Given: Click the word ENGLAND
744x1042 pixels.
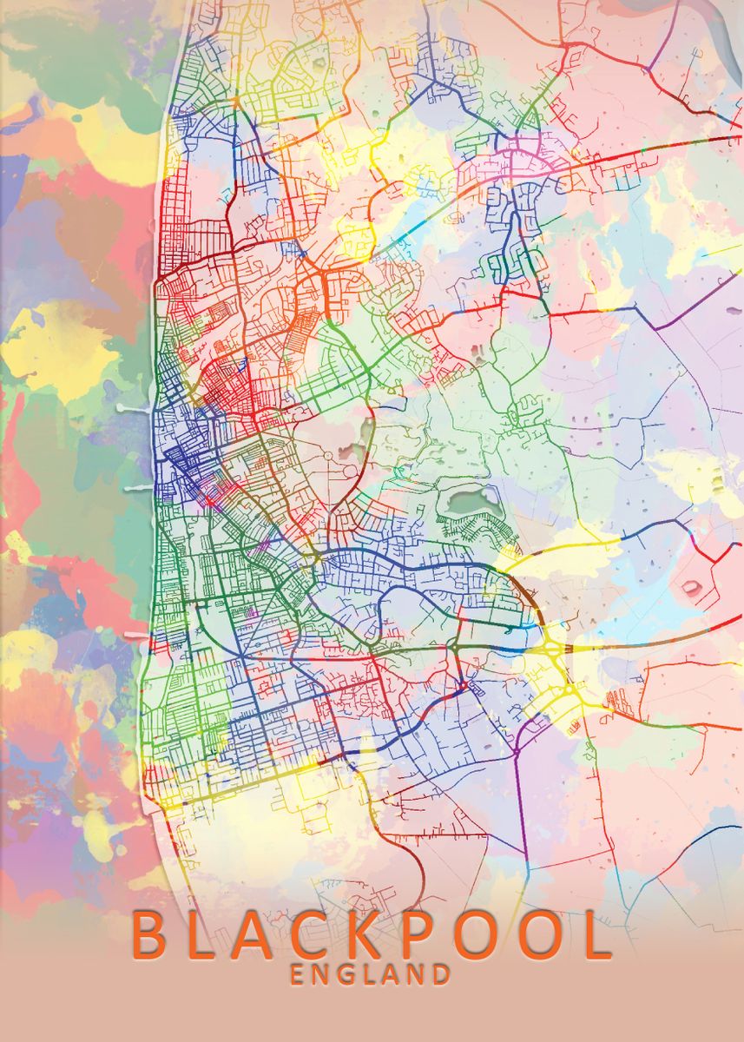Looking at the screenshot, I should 371,974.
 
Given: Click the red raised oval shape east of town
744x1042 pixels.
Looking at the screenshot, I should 691,587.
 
